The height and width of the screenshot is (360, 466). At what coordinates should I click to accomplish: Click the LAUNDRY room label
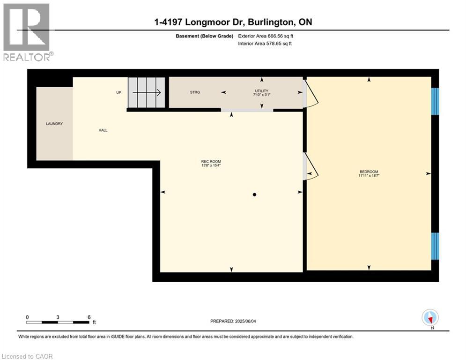54,124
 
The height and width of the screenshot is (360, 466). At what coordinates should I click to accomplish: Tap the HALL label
103,130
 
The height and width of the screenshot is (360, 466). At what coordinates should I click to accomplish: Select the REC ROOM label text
211,162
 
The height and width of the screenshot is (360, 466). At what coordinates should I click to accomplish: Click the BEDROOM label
369,172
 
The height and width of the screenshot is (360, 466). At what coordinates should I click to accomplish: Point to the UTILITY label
261,90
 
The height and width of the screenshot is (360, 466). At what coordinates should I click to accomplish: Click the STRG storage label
195,92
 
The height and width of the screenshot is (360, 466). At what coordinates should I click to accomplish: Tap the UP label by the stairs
119,92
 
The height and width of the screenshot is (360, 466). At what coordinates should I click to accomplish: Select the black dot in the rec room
254,195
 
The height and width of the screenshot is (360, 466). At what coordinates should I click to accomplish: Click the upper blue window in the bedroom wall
435,101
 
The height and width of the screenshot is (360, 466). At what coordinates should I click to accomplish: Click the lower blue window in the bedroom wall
435,246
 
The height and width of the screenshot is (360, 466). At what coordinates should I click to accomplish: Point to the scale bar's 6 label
89,317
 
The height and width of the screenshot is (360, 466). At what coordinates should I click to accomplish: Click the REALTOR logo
27,32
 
